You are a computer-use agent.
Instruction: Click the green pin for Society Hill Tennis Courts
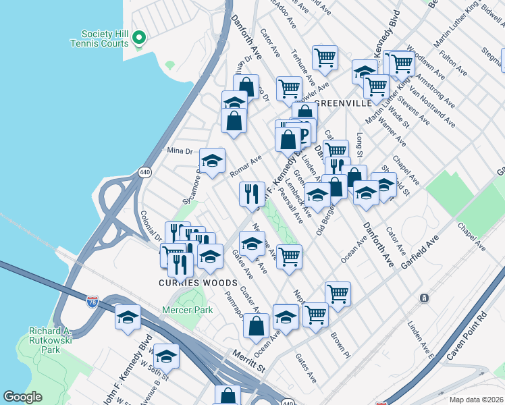[139, 38]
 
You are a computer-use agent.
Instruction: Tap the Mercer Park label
[187, 310]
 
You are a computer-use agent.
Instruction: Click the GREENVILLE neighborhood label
[343, 103]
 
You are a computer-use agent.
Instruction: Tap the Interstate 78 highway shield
[92, 302]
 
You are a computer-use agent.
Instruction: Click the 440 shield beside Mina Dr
[144, 172]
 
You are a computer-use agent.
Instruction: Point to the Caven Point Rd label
[470, 333]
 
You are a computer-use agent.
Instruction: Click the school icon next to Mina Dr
[212, 161]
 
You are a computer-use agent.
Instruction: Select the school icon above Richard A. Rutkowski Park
[128, 317]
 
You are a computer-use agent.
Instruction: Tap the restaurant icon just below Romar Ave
[251, 194]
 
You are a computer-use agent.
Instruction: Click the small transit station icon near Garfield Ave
[424, 298]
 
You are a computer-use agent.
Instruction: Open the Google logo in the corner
[23, 397]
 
